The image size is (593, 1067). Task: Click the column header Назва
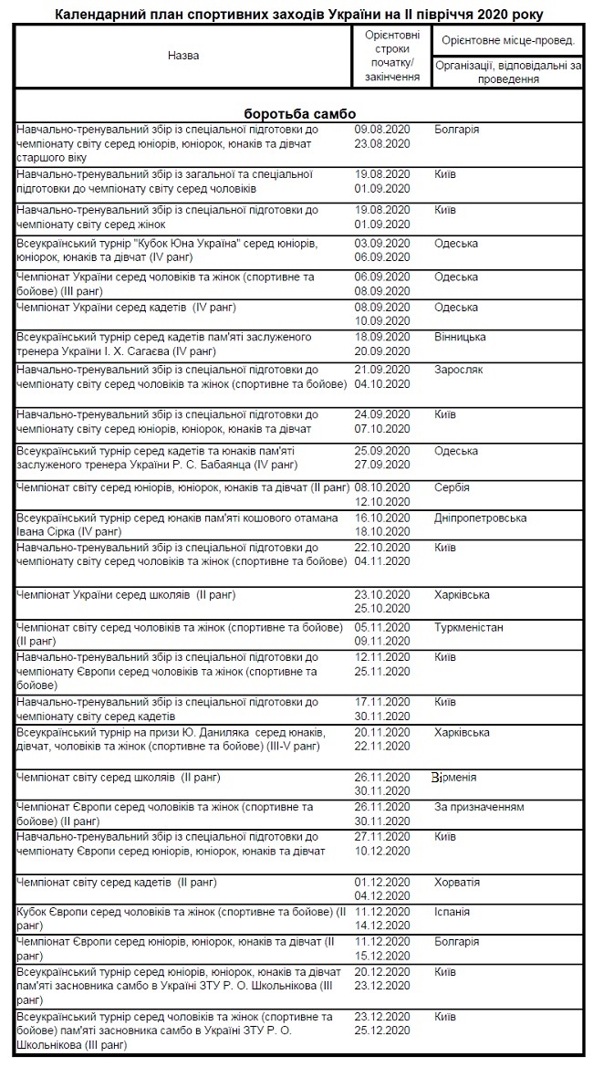182,56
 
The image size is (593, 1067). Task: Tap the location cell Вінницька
460,338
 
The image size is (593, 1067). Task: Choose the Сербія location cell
453,488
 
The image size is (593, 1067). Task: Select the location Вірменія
454,778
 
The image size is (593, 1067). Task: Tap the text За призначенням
479,808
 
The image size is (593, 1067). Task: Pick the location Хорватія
457,883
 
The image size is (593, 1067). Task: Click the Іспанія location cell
453,912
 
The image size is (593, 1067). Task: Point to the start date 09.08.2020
382,130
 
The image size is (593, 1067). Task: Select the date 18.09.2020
382,338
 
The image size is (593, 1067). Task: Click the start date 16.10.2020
382,518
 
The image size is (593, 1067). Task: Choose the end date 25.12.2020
382,1030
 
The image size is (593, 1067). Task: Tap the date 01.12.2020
382,883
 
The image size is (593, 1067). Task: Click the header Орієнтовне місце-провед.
507,42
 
